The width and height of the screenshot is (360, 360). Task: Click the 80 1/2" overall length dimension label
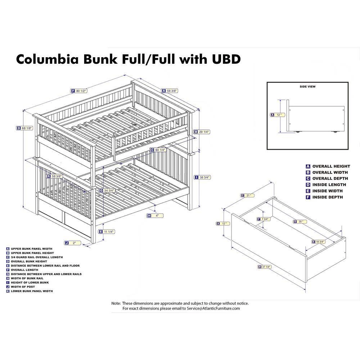79,91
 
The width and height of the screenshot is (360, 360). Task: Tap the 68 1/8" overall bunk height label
25,129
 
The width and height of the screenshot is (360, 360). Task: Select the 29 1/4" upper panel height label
202,132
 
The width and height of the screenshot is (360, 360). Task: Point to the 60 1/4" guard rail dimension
158,150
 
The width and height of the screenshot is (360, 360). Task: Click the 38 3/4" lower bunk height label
202,177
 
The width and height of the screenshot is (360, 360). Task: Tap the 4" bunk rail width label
155,216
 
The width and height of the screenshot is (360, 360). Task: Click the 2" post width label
73,243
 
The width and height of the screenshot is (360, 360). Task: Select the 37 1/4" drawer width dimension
265,267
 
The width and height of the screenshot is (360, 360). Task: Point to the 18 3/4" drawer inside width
319,242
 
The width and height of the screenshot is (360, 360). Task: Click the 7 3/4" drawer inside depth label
264,219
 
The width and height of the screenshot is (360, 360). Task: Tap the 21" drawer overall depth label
248,195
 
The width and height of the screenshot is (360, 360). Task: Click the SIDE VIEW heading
307,86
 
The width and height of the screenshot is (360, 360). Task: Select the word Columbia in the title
47,59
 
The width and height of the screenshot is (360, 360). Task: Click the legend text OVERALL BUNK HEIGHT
29,261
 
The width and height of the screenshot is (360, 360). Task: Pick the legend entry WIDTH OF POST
23,287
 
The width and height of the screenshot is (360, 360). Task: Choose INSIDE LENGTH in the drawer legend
329,185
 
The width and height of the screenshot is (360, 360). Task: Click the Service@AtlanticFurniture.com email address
213,309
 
